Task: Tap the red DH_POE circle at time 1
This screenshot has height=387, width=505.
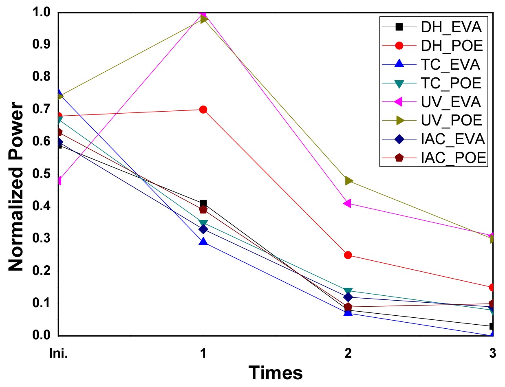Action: [x=203, y=110]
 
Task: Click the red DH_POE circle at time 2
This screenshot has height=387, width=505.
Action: [x=348, y=255]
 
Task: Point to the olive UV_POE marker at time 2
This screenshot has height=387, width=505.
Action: [x=348, y=180]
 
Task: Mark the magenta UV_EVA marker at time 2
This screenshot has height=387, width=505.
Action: [x=347, y=203]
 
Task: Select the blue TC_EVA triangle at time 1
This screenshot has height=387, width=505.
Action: [x=203, y=242]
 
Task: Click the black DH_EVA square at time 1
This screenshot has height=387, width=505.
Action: [x=203, y=203]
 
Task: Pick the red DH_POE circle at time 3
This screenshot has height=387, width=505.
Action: [x=492, y=288]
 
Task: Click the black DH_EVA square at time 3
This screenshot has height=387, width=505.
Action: [x=492, y=326]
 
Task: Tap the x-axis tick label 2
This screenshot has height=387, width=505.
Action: [x=348, y=354]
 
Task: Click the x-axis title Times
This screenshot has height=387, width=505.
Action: [x=276, y=372]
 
